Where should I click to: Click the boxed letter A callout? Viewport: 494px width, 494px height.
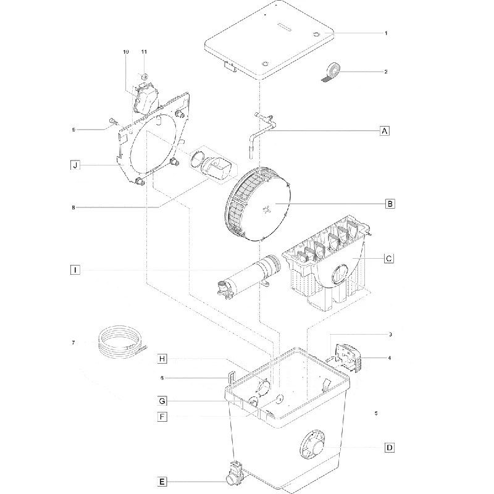pyautogui.click(x=384, y=130)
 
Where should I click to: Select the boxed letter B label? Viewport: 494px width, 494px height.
pyautogui.click(x=390, y=204)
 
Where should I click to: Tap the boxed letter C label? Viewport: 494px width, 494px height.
pyautogui.click(x=389, y=259)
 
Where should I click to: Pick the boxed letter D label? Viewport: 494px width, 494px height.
pyautogui.click(x=390, y=448)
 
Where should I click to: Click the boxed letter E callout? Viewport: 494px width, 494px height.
pyautogui.click(x=162, y=482)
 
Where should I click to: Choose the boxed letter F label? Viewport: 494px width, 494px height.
pyautogui.click(x=162, y=417)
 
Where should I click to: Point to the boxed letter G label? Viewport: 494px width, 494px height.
pyautogui.click(x=162, y=401)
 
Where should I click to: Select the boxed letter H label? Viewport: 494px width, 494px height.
pyautogui.click(x=162, y=359)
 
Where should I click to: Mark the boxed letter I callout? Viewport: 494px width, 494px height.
pyautogui.click(x=75, y=270)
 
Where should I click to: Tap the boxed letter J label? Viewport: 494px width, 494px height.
pyautogui.click(x=75, y=165)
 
